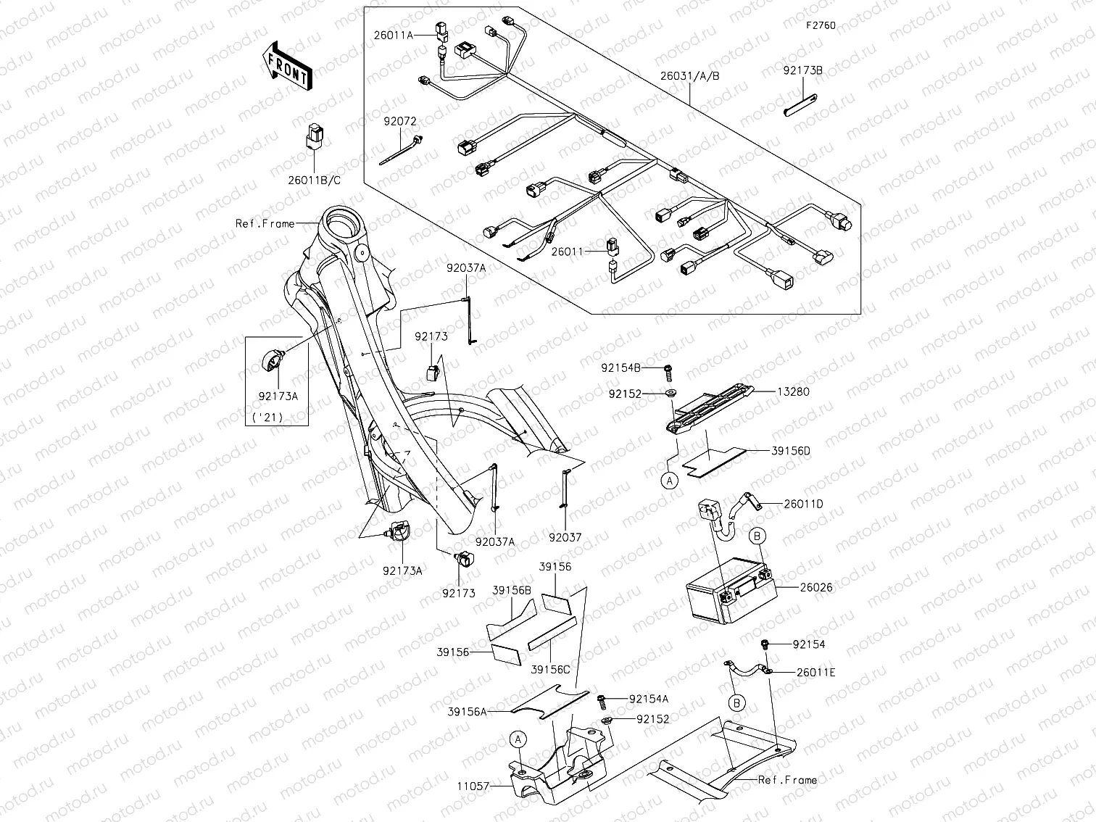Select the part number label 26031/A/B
click(x=689, y=75)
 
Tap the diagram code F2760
click(x=821, y=25)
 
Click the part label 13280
click(x=794, y=391)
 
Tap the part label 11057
click(x=473, y=785)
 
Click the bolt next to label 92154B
click(x=669, y=370)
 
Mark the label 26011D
click(x=803, y=504)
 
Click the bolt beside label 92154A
click(x=602, y=699)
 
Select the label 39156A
click(x=468, y=712)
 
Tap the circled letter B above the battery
click(x=757, y=536)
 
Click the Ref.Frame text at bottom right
click(x=787, y=780)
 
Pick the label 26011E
click(x=815, y=672)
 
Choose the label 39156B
click(x=512, y=590)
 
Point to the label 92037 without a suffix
click(x=565, y=538)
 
